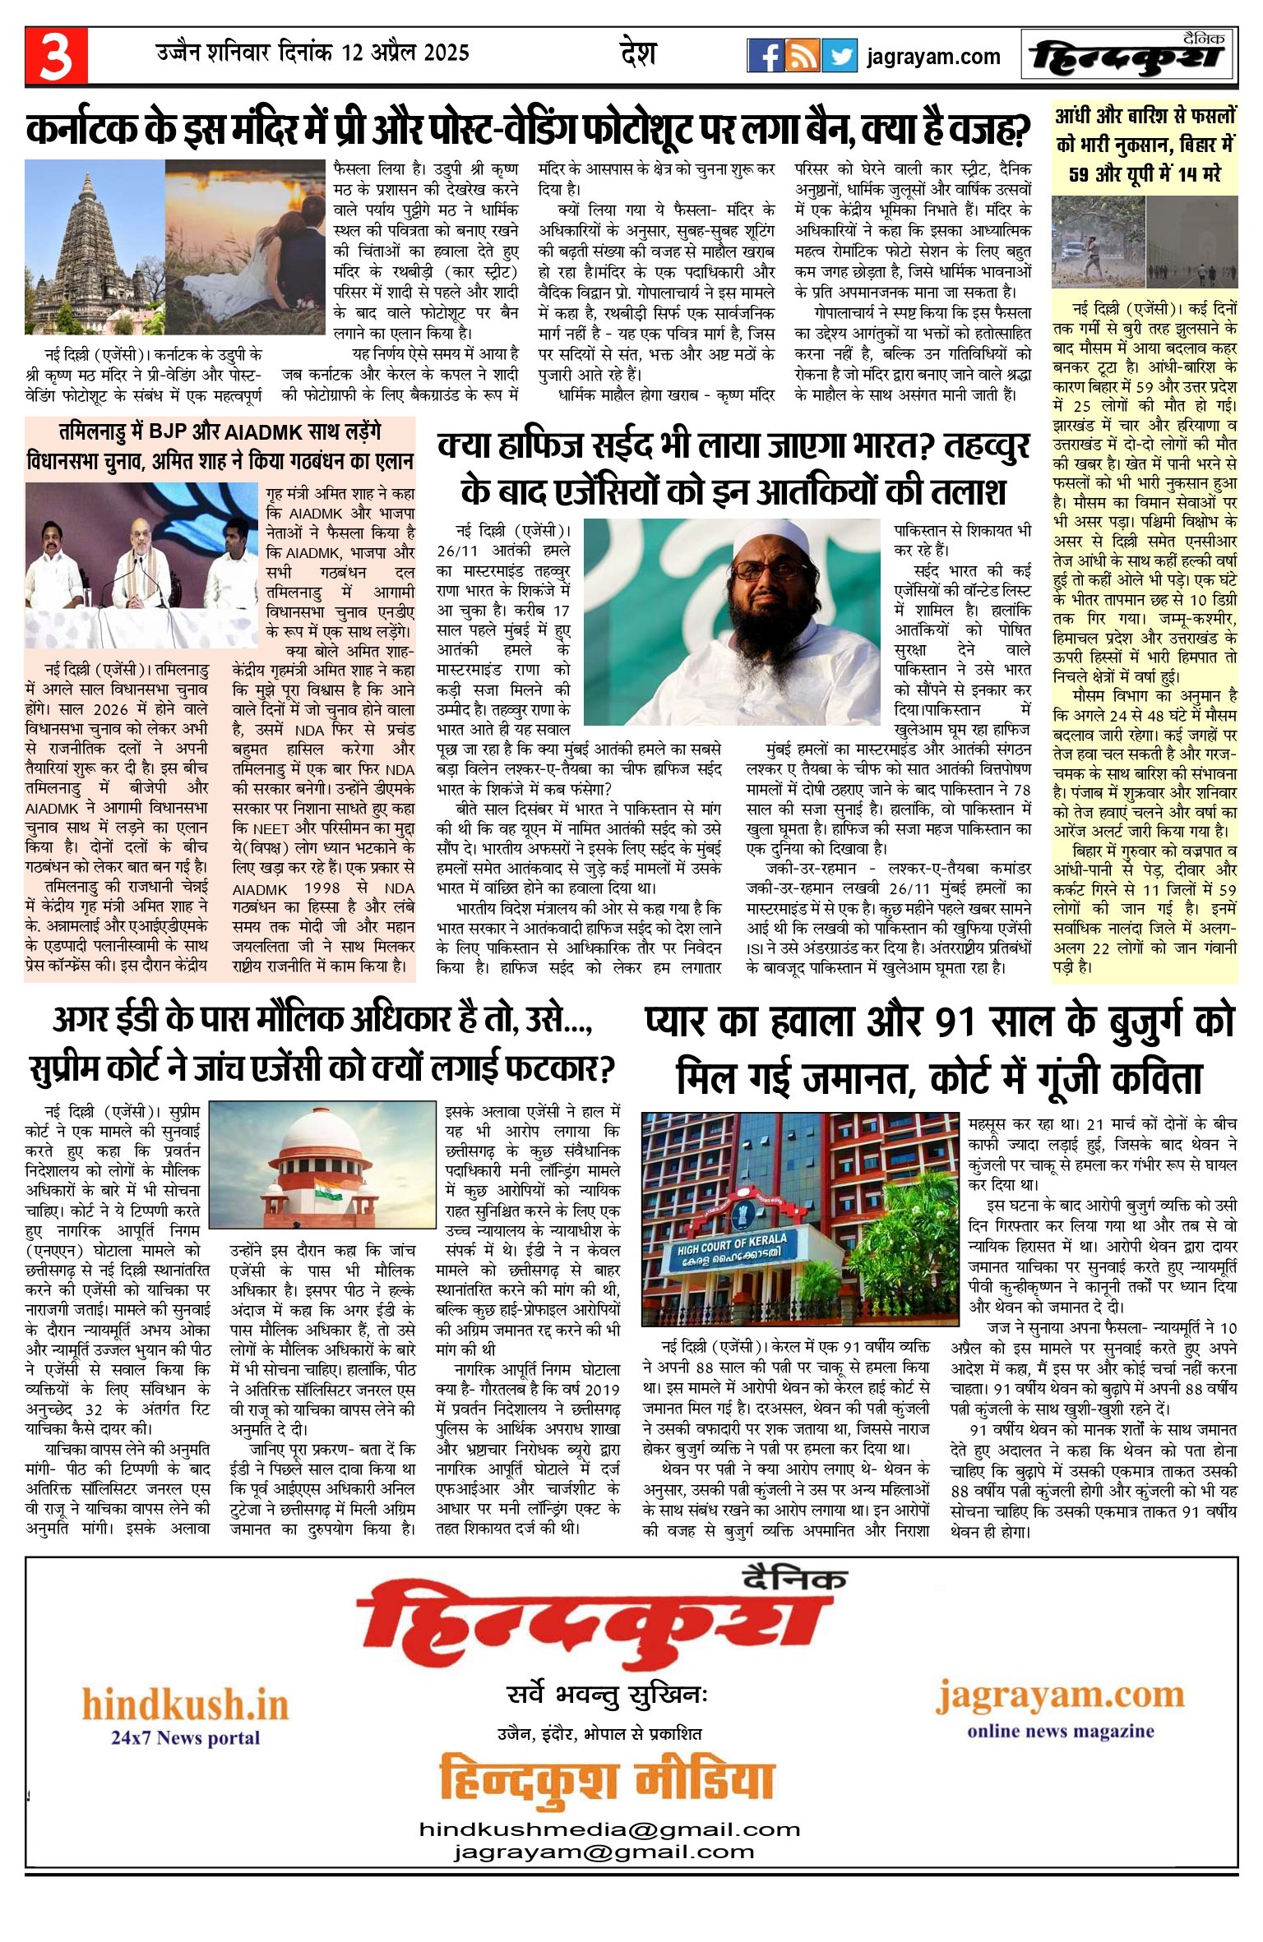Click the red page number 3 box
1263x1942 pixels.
(56, 56)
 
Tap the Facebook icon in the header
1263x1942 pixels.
(765, 56)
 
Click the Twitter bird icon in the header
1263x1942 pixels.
(839, 56)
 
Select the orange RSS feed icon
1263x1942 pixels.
(802, 56)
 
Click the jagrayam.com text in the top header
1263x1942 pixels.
(933, 58)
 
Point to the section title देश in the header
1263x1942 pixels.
(637, 54)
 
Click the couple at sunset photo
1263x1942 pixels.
(247, 247)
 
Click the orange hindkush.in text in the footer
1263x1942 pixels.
(185, 1704)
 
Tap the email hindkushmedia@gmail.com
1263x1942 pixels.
(608, 1829)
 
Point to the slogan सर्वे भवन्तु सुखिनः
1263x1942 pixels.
(607, 1694)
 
